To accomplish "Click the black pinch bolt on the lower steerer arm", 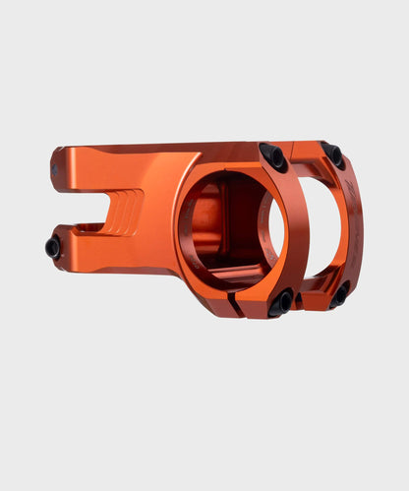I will tap(53, 249).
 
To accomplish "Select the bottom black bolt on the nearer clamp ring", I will tap(279, 303).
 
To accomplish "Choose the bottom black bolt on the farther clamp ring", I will tap(339, 293).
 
